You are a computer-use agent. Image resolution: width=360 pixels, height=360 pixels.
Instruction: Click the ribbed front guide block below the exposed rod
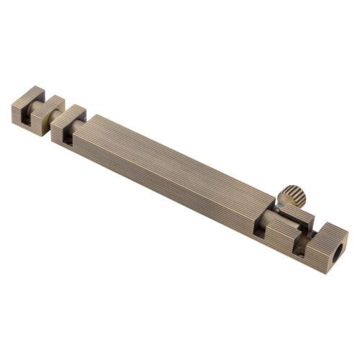[x=277, y=234]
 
